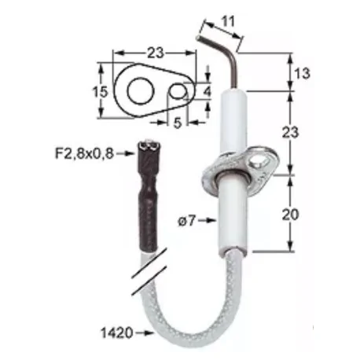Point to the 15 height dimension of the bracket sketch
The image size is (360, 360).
pos(99,92)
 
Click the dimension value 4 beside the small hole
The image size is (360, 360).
pos(207,92)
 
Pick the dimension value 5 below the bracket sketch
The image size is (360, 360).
pos(178,123)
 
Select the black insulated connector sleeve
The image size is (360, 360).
pos(148,197)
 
